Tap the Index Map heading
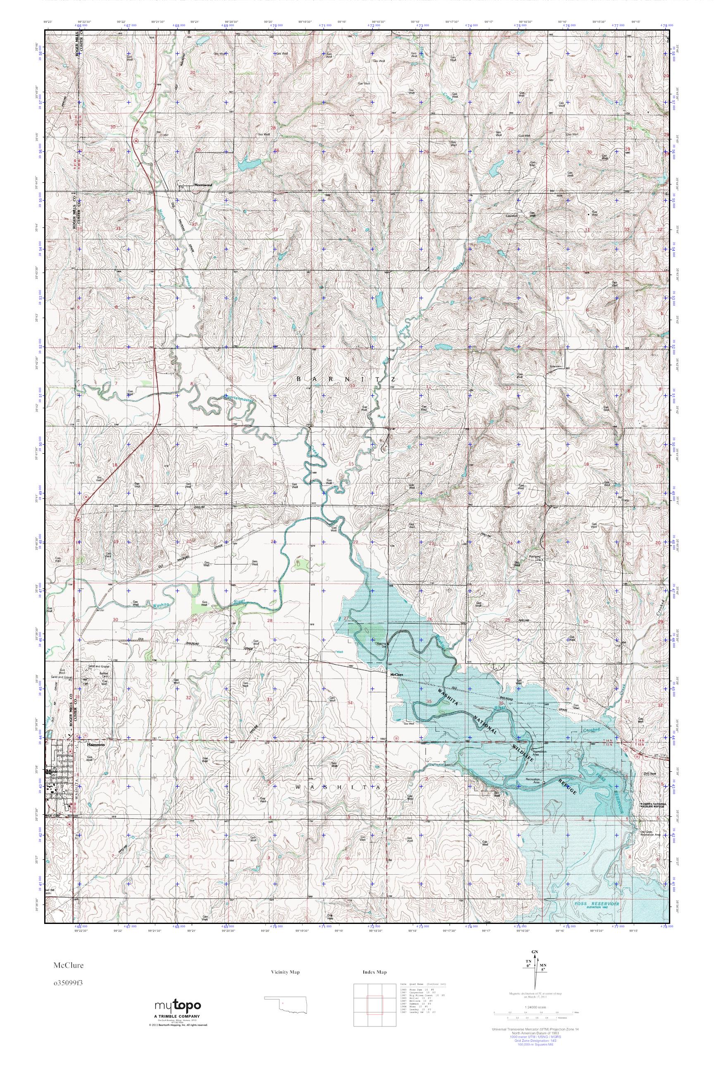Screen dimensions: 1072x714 375,972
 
